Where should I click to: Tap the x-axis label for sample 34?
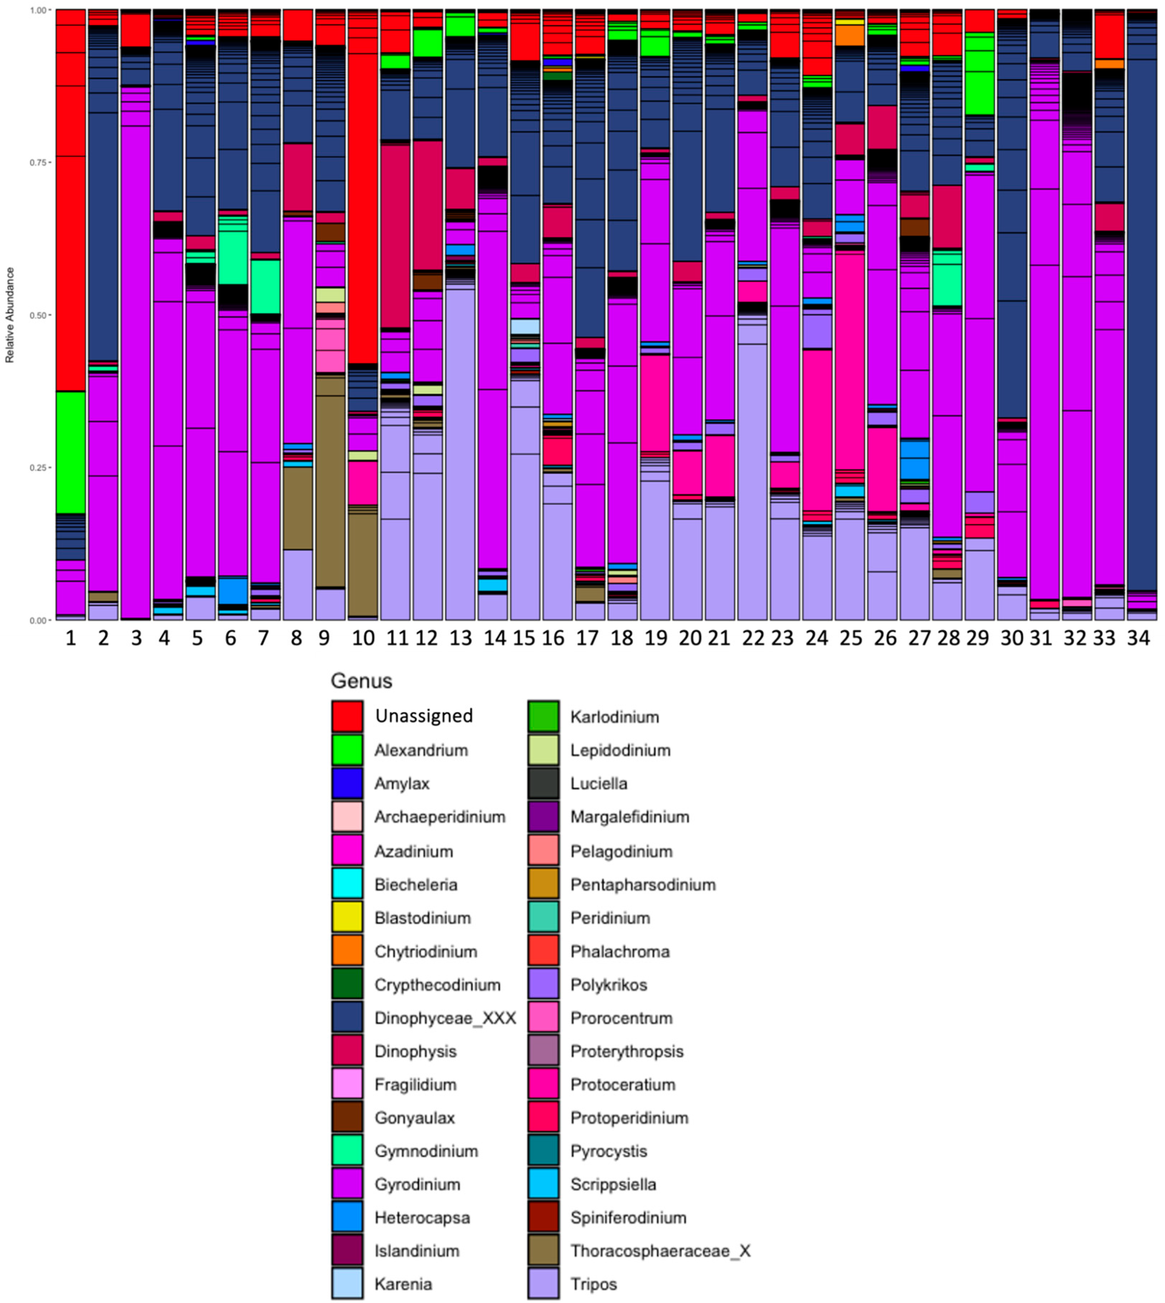(x=1138, y=638)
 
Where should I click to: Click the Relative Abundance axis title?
(x=10, y=315)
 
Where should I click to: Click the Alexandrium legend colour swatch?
(x=347, y=750)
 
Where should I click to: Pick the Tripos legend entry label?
(x=593, y=1284)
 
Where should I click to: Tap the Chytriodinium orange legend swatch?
(x=347, y=951)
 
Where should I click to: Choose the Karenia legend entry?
(x=403, y=1284)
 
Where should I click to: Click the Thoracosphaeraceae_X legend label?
(x=660, y=1251)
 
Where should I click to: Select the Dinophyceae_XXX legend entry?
(x=445, y=1018)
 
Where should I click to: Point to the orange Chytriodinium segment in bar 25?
(x=850, y=35)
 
